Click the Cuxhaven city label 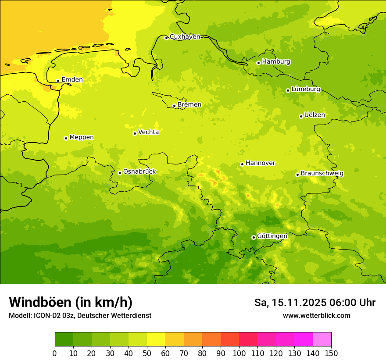coord(185,37)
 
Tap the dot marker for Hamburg coord(258,63)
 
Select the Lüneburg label coord(306,89)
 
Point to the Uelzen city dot coord(301,116)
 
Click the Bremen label coord(189,105)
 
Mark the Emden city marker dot coord(58,81)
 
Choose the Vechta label coord(148,132)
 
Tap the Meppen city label coord(82,137)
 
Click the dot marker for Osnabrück coord(120,173)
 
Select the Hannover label coord(260,163)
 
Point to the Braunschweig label coord(322,174)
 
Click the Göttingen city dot coord(254,237)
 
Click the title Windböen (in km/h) coord(71,302)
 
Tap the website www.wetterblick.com coord(316,316)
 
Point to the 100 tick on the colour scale coord(239,353)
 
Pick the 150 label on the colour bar coord(331,353)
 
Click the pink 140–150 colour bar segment coord(322,339)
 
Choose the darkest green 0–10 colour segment coord(64,339)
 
